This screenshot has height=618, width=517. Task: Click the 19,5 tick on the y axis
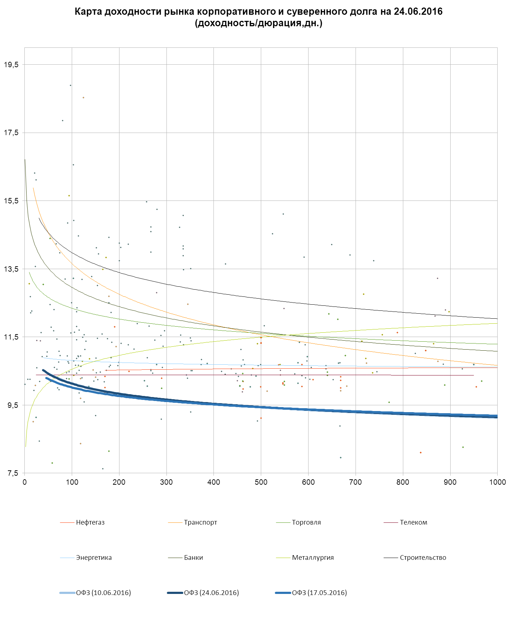click(x=11, y=65)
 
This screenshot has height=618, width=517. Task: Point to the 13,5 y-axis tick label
click(x=11, y=269)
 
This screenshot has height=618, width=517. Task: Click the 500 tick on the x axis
click(x=261, y=482)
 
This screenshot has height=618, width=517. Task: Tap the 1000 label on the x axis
click(x=497, y=482)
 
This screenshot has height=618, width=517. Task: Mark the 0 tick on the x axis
click(x=24, y=482)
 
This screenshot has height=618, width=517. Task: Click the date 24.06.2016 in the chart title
click(x=418, y=11)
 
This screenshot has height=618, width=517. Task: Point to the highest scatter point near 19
click(x=71, y=86)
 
